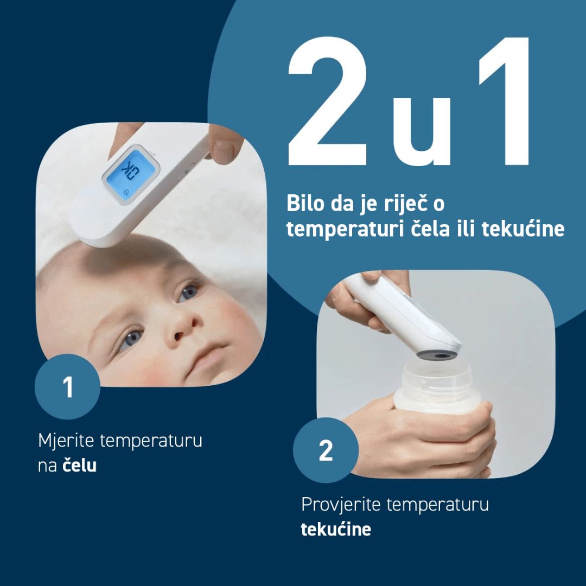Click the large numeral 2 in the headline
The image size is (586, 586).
click(328, 101)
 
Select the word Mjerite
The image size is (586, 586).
click(66, 441)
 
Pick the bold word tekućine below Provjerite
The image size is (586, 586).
click(336, 529)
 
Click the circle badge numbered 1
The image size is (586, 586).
click(68, 386)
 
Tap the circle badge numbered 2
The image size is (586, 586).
click(326, 450)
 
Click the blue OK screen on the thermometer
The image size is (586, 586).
click(131, 175)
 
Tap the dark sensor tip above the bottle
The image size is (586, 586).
click(438, 355)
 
